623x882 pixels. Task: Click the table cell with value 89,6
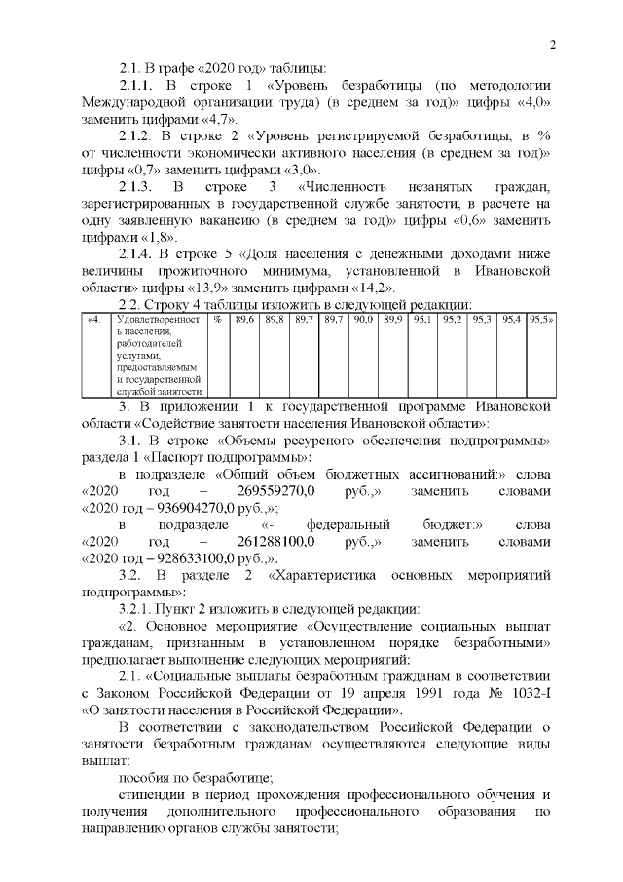[246, 319]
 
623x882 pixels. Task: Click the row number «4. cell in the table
[94, 319]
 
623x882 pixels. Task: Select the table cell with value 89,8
[275, 319]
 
